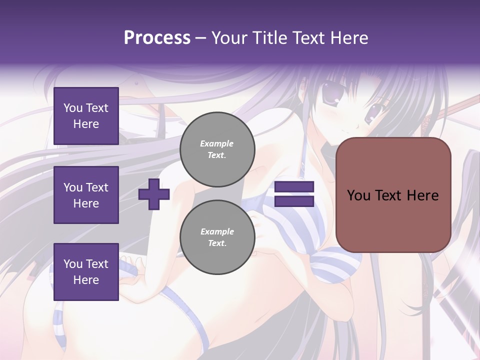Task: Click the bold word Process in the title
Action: (157, 38)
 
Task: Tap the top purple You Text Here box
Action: (86, 116)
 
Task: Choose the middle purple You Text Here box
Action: (86, 195)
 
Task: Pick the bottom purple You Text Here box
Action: (86, 272)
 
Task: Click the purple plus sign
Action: (154, 194)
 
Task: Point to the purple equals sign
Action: (294, 194)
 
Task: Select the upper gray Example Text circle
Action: (217, 149)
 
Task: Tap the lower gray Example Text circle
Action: (217, 237)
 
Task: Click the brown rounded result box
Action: (393, 195)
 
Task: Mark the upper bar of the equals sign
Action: (294, 187)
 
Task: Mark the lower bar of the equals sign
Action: (294, 201)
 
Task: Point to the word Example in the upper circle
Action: (216, 143)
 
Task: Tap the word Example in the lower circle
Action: (216, 231)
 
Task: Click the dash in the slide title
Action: (200, 38)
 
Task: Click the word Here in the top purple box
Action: (86, 124)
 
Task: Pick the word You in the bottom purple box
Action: (73, 264)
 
